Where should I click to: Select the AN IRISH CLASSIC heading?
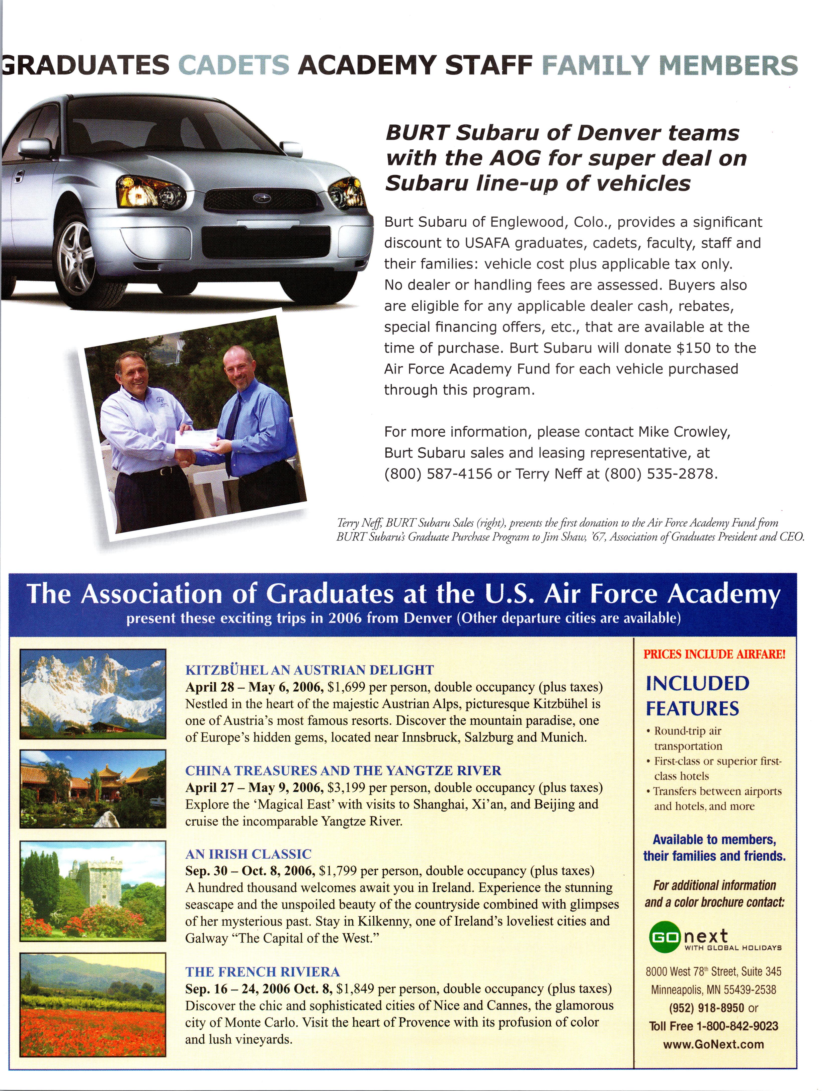(x=248, y=854)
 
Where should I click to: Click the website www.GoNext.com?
(x=713, y=1044)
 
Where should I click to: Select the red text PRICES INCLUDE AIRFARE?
(x=714, y=655)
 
